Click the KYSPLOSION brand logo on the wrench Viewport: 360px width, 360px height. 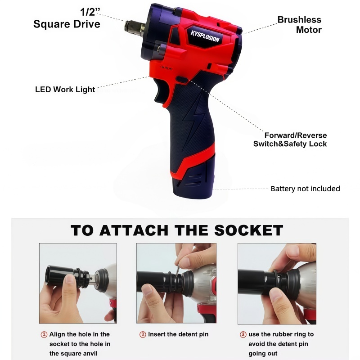[205, 36]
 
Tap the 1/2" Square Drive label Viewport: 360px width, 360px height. [67, 18]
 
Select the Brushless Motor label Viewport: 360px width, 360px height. [299, 25]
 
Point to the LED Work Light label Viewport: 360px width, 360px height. [65, 89]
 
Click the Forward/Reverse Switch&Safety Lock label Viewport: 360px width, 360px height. [290, 139]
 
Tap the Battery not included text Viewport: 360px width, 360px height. [306, 189]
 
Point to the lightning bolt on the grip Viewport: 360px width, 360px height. [193, 121]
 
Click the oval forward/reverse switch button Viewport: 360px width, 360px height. [182, 80]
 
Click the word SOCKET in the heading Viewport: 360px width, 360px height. [249, 230]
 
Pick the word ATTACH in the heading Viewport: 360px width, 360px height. [134, 230]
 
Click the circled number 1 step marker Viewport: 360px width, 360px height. [44, 334]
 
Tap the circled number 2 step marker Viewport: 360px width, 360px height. [143, 334]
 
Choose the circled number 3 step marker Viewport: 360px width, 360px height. [243, 334]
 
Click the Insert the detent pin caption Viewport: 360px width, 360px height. [178, 334]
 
